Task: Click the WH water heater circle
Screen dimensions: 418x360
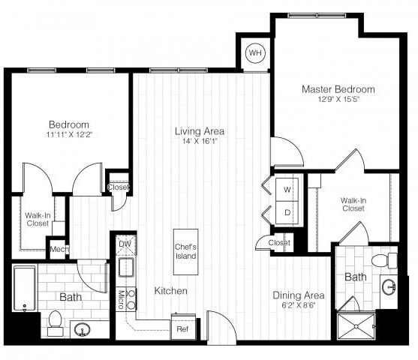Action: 255,52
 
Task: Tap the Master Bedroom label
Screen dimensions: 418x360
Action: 338,89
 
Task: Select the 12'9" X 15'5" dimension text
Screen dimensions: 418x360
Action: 338,100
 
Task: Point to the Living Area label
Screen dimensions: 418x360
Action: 200,131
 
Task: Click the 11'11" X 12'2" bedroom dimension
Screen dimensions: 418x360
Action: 69,134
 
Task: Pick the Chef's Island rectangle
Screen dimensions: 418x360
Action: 186,252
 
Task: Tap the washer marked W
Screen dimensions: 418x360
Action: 287,190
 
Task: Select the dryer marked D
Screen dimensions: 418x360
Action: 287,213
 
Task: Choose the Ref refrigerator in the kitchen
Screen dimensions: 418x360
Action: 183,327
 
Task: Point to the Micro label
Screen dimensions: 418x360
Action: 121,299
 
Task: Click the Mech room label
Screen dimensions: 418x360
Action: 59,250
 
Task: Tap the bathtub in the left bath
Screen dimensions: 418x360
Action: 25,288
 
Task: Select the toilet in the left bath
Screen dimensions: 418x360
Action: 56,323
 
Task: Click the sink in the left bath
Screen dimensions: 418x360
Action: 82,330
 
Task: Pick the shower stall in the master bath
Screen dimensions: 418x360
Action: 356,326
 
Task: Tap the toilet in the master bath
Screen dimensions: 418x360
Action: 384,260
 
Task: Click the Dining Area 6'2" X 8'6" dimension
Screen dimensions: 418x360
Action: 299,305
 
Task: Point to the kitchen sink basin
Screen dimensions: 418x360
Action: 126,268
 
